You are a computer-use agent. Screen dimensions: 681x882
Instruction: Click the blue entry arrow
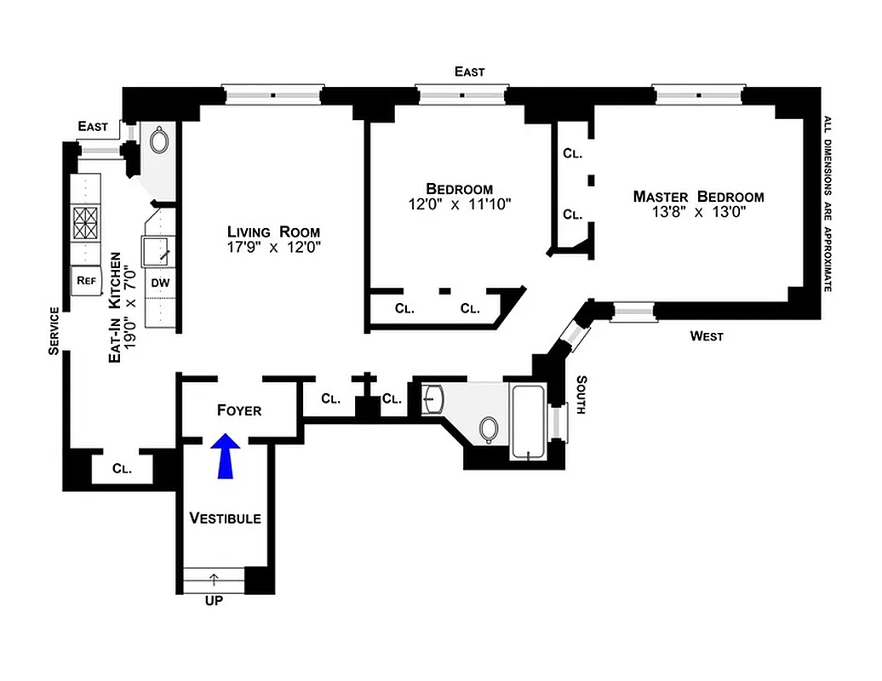225,456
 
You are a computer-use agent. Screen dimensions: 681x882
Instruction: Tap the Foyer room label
239,410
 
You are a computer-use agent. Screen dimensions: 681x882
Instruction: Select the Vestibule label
225,518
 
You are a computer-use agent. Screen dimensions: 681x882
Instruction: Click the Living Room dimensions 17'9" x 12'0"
273,248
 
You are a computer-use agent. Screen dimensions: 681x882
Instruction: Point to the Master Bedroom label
698,197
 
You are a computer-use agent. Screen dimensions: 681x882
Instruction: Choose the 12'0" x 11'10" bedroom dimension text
459,204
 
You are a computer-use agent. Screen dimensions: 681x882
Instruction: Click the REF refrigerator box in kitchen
85,280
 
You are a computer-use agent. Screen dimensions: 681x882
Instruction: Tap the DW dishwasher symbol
160,283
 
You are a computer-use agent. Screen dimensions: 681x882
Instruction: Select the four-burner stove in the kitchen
85,224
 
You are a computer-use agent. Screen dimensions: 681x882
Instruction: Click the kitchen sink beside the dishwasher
159,252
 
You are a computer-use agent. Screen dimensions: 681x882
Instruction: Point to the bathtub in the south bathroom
529,421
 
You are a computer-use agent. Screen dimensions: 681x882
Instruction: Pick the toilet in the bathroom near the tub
489,430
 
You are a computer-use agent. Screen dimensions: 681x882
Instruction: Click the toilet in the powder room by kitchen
160,140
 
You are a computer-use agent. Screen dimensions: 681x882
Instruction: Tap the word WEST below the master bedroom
707,336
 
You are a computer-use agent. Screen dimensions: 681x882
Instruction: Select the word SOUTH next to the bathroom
582,395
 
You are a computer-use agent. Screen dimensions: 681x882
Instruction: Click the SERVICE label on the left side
54,329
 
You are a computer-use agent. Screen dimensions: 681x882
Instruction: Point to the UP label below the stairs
213,600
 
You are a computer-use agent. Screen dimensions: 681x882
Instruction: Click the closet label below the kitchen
122,468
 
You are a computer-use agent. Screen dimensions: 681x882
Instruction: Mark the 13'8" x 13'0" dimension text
698,213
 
